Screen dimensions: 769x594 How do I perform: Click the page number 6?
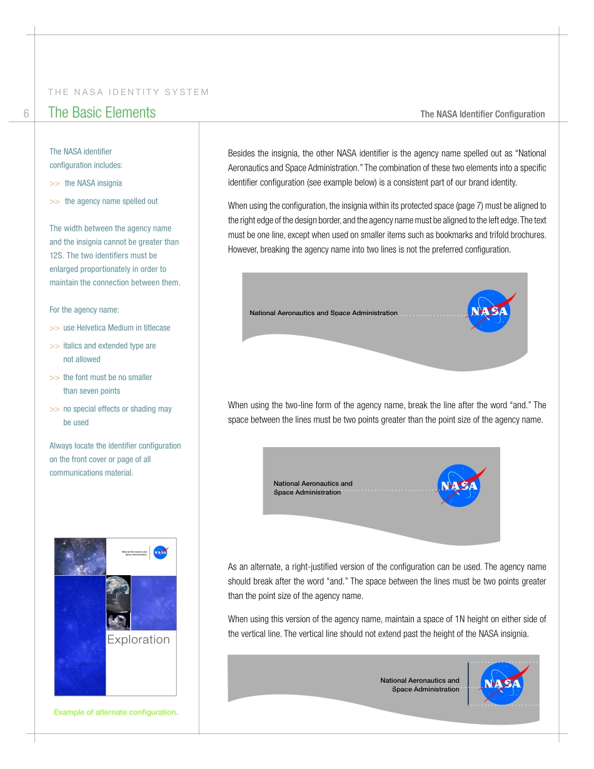click(26, 114)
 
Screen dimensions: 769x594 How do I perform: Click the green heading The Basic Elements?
click(102, 113)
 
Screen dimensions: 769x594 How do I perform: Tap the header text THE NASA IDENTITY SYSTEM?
click(128, 92)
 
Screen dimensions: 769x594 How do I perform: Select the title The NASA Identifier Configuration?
click(482, 114)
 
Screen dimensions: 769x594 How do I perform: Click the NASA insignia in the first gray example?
click(490, 311)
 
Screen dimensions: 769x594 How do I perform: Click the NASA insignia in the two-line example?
click(460, 486)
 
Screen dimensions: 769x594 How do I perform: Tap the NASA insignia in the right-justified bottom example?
click(502, 683)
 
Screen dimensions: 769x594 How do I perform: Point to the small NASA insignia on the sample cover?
click(161, 552)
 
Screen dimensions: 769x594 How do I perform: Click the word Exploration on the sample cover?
click(138, 640)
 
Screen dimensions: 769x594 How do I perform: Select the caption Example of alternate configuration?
click(116, 712)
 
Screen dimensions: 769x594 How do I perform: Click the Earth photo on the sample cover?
click(118, 593)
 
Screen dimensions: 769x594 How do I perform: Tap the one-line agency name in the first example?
click(323, 313)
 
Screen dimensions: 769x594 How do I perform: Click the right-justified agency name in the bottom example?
click(420, 685)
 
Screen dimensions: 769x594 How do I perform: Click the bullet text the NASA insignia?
click(93, 183)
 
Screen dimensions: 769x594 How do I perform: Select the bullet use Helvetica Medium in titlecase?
click(116, 328)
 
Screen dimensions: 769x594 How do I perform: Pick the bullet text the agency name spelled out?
click(111, 201)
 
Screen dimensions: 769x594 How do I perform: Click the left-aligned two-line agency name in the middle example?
click(313, 488)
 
